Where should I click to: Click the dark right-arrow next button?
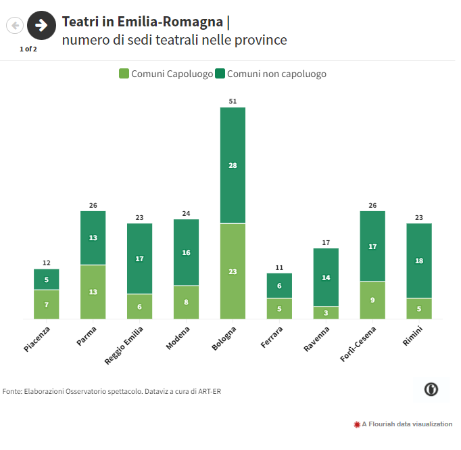41,26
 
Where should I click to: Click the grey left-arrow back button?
15,26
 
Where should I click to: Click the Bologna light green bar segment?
233,271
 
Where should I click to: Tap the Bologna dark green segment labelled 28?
233,165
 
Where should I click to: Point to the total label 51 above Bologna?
233,102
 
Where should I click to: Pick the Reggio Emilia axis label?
125,345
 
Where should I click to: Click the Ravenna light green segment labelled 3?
326,313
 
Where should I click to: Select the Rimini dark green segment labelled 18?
419,261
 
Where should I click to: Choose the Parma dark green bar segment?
93,238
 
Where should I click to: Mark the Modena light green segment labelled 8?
187,302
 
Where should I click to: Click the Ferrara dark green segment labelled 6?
279,286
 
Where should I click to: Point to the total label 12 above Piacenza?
47,263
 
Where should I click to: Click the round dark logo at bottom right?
431,389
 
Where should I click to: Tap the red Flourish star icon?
357,424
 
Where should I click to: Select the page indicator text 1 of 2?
28,49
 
